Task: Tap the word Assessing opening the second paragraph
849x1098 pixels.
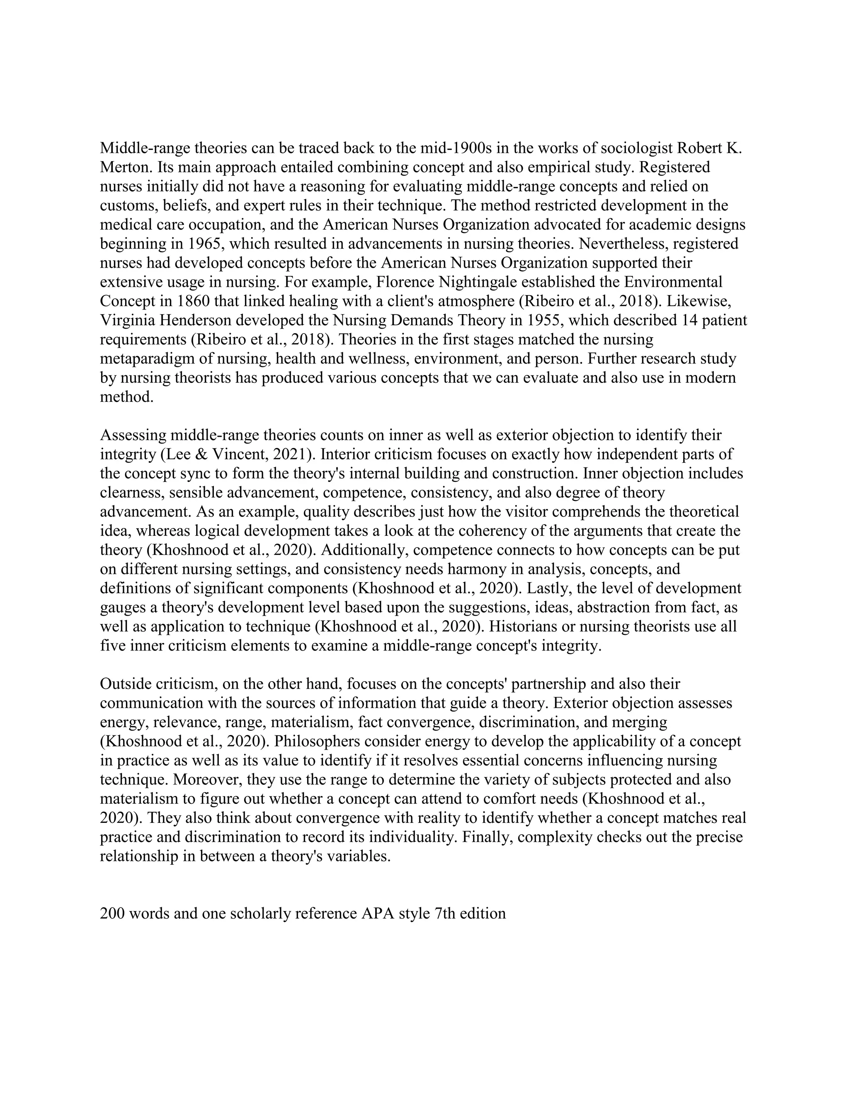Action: pos(133,435)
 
